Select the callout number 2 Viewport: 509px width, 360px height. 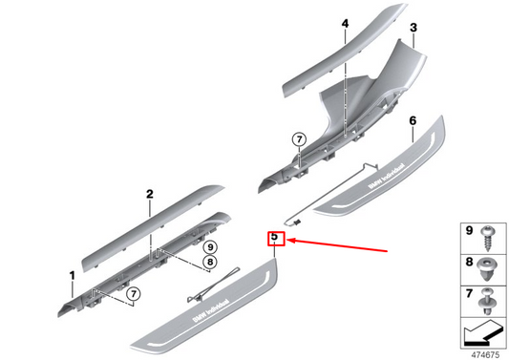tap(149, 194)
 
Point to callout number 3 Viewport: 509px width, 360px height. tap(413, 30)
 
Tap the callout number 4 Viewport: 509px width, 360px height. tap(345, 23)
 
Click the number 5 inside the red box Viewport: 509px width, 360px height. tap(274, 236)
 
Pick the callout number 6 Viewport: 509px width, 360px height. tap(413, 121)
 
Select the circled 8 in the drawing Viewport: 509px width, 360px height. tap(210, 261)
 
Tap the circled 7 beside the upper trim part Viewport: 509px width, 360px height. tap(298, 139)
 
